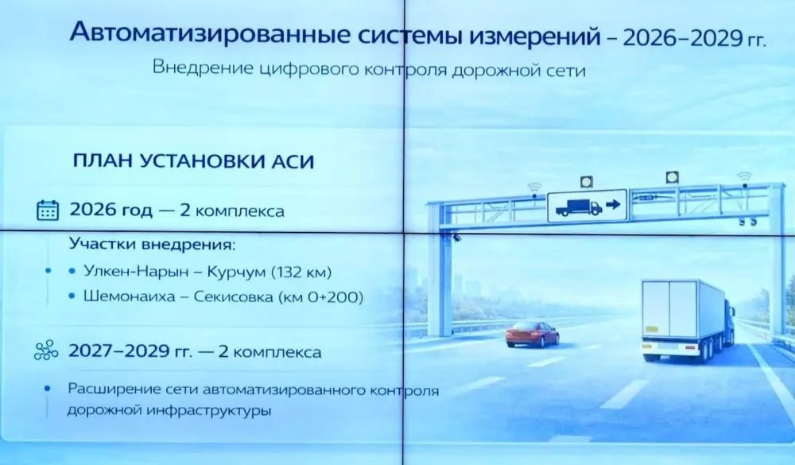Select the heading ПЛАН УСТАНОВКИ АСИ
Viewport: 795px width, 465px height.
pos(193,161)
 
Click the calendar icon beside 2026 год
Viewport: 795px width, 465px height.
pos(48,211)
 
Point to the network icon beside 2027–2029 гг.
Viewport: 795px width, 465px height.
pos(47,352)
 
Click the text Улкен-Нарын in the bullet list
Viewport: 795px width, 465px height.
pos(132,271)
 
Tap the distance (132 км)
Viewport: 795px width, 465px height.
pos(301,271)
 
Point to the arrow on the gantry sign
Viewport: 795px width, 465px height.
pos(613,206)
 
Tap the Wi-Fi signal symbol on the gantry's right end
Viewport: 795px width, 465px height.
pos(743,176)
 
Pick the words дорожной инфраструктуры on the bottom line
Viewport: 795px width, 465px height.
pos(169,412)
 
